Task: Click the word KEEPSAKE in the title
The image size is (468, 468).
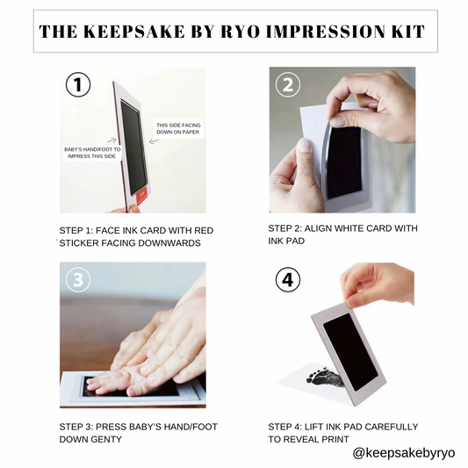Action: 134,32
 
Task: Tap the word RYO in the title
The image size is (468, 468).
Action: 240,32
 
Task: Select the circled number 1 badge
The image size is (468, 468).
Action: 78,84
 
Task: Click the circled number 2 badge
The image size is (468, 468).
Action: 288,85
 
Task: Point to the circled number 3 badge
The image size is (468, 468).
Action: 78,280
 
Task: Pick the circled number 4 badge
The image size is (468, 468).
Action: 288,280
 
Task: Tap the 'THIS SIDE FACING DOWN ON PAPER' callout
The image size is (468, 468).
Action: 178,129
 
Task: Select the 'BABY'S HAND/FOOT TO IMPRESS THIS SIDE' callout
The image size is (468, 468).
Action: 92,153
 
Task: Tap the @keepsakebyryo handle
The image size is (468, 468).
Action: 404,453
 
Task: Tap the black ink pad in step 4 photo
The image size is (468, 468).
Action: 349,351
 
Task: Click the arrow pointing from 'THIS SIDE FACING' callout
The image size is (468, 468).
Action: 154,140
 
